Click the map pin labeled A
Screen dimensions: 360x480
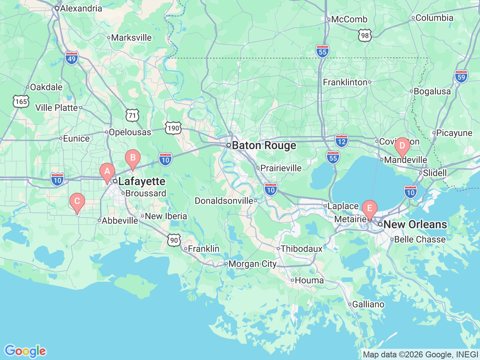(107, 172)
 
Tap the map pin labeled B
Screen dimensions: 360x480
(132, 158)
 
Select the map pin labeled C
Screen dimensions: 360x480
(77, 202)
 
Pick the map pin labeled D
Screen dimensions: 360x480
(402, 146)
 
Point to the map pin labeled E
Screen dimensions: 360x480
(370, 209)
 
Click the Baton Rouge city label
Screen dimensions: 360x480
(264, 145)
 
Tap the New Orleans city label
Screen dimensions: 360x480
(415, 225)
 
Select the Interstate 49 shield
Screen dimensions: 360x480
(72, 58)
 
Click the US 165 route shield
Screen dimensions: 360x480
(21, 102)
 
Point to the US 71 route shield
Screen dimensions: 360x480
(132, 115)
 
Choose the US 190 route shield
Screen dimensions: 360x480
(173, 128)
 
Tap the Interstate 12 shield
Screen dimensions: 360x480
(341, 141)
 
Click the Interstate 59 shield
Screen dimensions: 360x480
(461, 77)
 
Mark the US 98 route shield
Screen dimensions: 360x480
(365, 36)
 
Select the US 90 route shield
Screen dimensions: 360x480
(174, 240)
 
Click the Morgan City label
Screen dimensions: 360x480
(252, 264)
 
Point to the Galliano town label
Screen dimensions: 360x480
(368, 304)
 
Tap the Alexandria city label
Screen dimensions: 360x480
(81, 8)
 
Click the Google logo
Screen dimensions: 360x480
(25, 351)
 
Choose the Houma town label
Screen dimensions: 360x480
(309, 280)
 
